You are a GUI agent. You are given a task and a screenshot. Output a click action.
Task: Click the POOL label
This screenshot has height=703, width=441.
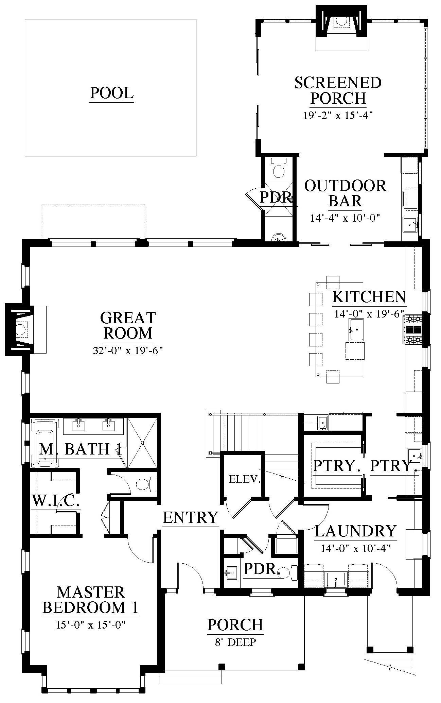(x=112, y=93)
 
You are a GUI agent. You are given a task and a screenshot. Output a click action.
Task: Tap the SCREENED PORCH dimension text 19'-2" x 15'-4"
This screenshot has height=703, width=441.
(x=338, y=116)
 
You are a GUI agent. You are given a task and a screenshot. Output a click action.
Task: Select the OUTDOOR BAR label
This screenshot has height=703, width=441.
(x=345, y=193)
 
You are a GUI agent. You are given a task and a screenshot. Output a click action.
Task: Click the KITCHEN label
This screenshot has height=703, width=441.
(x=369, y=297)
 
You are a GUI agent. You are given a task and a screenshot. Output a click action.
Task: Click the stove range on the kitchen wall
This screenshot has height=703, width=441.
(x=412, y=329)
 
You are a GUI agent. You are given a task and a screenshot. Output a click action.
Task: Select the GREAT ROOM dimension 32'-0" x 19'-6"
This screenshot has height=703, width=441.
(x=128, y=350)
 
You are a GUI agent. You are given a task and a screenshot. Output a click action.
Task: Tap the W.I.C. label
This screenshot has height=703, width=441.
(x=56, y=501)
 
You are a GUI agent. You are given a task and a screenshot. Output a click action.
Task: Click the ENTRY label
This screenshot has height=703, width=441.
(x=190, y=517)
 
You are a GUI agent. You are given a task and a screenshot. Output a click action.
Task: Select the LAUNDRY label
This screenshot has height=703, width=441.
(x=356, y=531)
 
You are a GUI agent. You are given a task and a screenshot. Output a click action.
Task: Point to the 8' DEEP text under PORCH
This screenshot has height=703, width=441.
(x=235, y=642)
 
